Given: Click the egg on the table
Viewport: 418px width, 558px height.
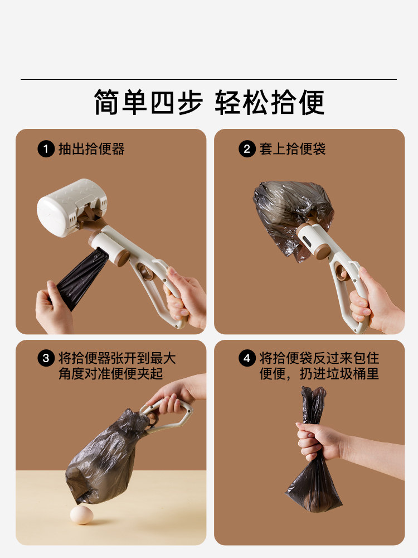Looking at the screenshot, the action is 81,514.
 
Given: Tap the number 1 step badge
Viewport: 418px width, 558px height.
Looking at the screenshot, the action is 46,149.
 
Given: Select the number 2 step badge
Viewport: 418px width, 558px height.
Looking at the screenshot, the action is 247,149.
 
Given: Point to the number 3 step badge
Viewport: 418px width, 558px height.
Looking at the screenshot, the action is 46,358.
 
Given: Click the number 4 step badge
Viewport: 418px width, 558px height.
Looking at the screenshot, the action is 247,358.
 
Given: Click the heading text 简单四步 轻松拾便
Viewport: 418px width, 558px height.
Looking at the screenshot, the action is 209,102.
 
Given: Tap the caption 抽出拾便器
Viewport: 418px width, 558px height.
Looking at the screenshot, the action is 91,149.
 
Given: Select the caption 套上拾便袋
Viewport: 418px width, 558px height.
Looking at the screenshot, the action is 292,149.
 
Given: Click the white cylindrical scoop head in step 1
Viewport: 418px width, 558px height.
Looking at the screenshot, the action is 71,207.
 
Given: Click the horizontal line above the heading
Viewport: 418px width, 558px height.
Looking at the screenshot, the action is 208,79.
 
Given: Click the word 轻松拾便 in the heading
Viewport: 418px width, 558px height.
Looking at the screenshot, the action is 269,102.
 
